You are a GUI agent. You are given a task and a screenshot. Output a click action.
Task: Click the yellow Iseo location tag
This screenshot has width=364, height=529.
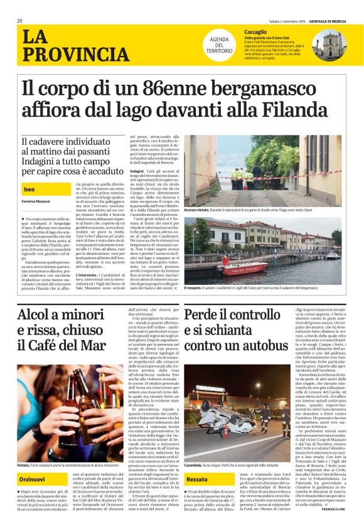(x=29, y=189)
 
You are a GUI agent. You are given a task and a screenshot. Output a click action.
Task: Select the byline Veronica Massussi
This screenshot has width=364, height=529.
(x=36, y=201)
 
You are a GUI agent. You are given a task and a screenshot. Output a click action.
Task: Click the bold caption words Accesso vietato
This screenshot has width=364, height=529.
(x=197, y=208)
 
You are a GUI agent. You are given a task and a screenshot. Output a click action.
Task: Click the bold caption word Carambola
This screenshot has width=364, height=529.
(x=196, y=467)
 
